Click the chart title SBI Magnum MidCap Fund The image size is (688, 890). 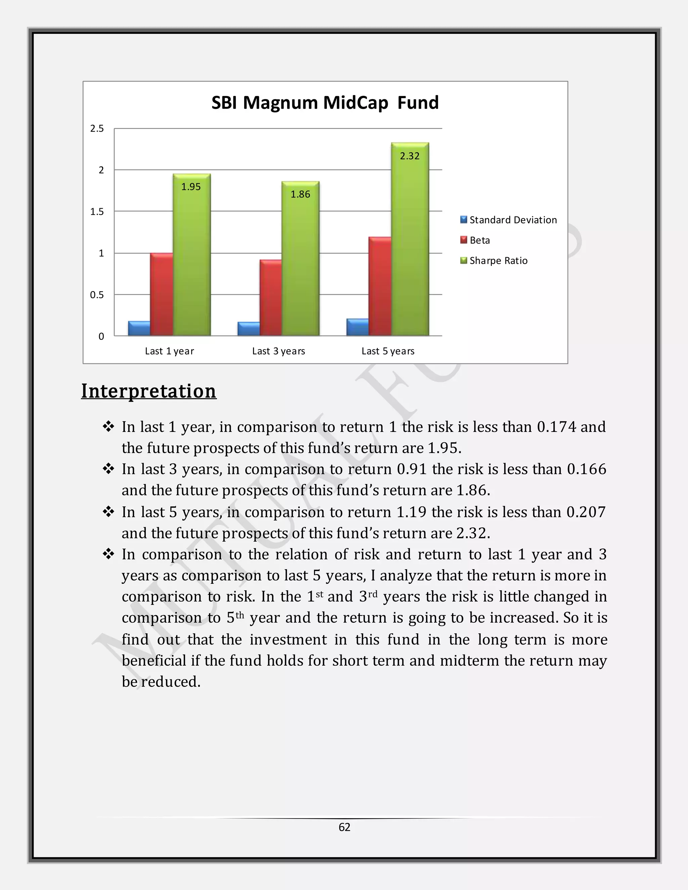tap(325, 103)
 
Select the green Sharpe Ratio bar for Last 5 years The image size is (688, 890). tap(410, 244)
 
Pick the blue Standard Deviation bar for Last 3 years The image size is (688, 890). tap(248, 329)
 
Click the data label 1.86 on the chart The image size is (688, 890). tap(300, 194)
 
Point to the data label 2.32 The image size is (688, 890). tap(410, 156)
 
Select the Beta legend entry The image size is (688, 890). tap(479, 240)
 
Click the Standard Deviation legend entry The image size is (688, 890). tap(513, 220)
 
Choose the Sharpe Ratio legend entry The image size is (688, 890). tap(498, 261)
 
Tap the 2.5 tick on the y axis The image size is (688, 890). tap(97, 129)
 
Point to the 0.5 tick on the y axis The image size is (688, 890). tap(97, 295)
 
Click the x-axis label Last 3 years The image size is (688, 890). tap(278, 351)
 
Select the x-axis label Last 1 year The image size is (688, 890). tap(169, 351)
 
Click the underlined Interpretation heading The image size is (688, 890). tap(149, 391)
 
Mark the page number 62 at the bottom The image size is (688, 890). tap(344, 827)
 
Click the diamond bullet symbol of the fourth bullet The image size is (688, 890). tap(109, 554)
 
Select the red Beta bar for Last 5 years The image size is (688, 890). tap(380, 286)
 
